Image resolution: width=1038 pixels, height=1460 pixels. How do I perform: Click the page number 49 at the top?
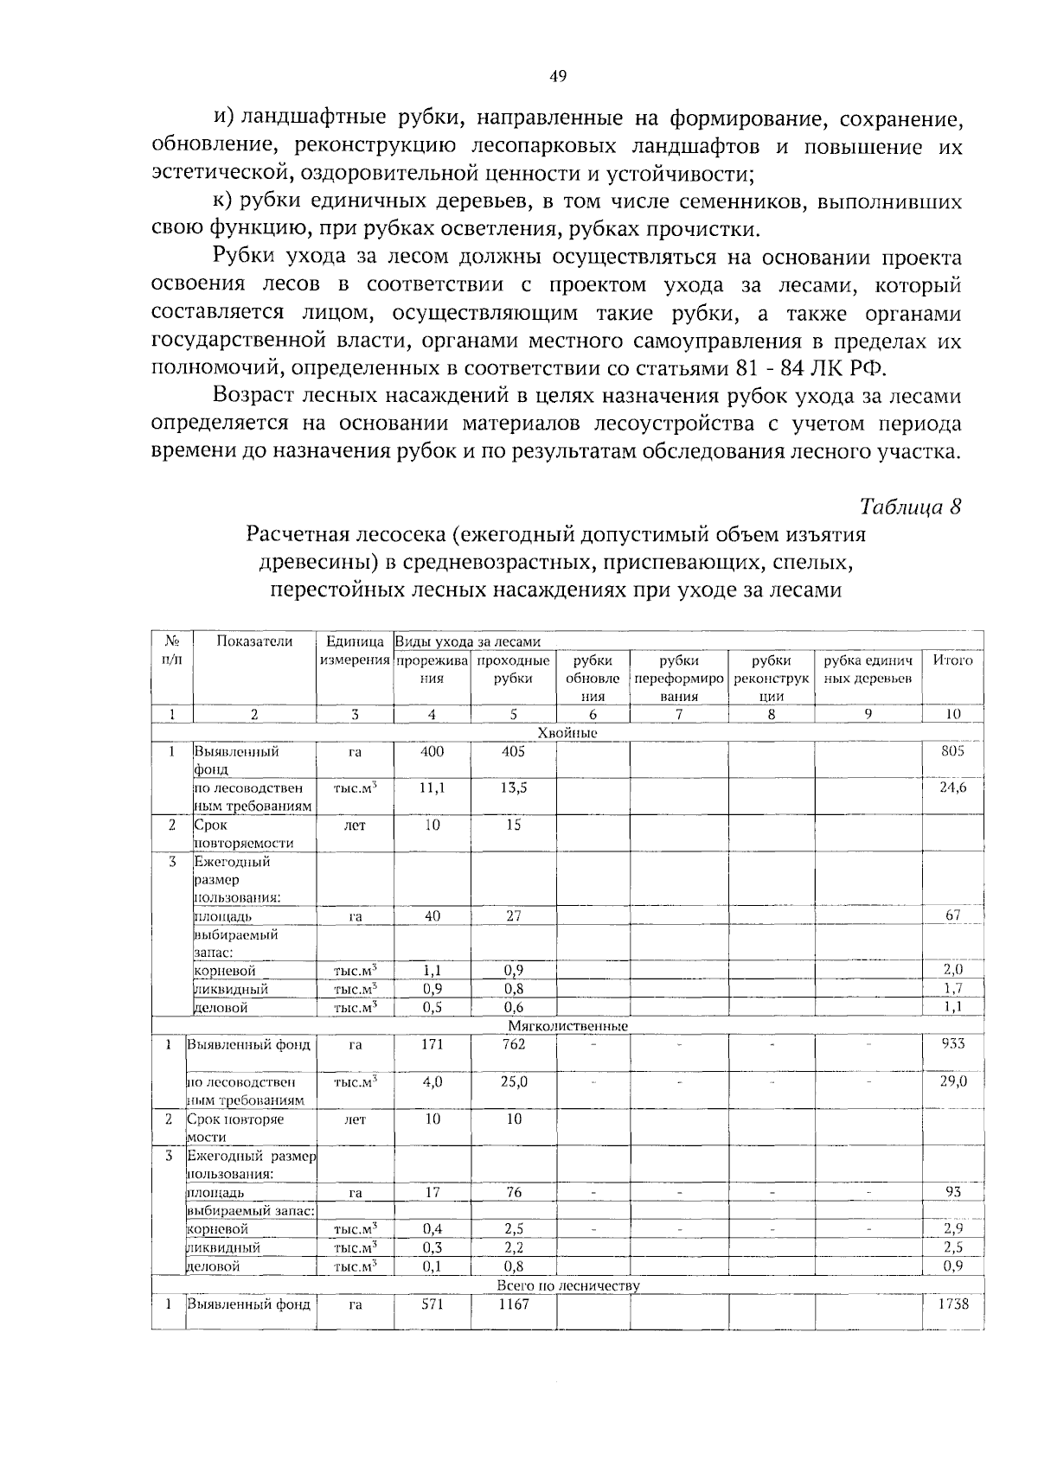pyautogui.click(x=557, y=77)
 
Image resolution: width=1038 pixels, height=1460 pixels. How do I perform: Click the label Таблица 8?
pyautogui.click(x=910, y=507)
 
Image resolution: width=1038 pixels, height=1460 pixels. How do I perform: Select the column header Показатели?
pyautogui.click(x=254, y=641)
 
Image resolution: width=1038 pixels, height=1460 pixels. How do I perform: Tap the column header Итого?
pyautogui.click(x=952, y=660)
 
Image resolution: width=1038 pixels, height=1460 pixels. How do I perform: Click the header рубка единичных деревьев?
pyautogui.click(x=868, y=669)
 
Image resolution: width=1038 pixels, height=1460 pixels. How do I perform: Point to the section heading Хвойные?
pyautogui.click(x=567, y=733)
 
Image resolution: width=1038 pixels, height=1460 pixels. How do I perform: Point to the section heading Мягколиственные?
pyautogui.click(x=567, y=1026)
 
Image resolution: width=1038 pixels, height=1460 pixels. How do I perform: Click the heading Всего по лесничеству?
pyautogui.click(x=568, y=1285)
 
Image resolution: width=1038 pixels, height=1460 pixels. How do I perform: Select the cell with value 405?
pyautogui.click(x=513, y=751)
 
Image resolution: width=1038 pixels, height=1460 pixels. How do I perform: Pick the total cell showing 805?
pyautogui.click(x=952, y=751)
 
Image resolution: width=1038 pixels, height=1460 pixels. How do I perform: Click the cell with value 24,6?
pyautogui.click(x=952, y=787)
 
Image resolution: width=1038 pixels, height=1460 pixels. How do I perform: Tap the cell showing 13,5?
pyautogui.click(x=513, y=787)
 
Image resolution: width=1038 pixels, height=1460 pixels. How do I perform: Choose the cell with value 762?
pyautogui.click(x=513, y=1044)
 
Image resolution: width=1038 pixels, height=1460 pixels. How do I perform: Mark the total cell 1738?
pyautogui.click(x=952, y=1304)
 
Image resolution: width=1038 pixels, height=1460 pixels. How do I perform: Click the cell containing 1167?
pyautogui.click(x=513, y=1304)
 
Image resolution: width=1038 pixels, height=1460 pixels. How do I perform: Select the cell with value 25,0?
pyautogui.click(x=513, y=1081)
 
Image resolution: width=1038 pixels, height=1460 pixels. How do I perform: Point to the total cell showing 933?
pyautogui.click(x=952, y=1044)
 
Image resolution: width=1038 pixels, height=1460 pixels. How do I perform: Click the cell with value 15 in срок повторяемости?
pyautogui.click(x=513, y=825)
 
